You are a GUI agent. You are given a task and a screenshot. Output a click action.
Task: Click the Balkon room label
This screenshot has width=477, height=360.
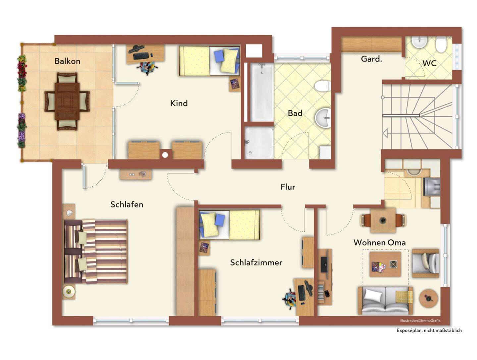(x=67, y=61)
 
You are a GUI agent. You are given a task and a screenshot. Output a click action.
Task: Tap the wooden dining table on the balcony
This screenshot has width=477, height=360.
(x=67, y=101)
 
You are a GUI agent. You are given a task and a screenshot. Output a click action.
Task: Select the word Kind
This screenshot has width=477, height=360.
(x=179, y=103)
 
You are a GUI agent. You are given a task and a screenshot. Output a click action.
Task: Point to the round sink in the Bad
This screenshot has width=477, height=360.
(x=323, y=118)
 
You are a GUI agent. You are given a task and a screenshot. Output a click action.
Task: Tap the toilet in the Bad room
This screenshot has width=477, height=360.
(x=323, y=86)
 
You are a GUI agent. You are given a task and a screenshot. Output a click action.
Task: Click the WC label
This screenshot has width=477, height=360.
(x=429, y=63)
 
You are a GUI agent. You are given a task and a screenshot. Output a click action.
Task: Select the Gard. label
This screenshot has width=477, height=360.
(x=371, y=59)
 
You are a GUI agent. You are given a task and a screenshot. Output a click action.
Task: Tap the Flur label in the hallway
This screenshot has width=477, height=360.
(x=288, y=187)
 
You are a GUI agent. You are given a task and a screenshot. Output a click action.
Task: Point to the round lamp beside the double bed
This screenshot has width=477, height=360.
(x=69, y=291)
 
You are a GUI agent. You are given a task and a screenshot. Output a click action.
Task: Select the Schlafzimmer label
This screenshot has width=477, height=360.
(x=256, y=263)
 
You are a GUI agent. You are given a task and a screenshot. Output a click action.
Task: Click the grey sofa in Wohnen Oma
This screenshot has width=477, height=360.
(x=385, y=301)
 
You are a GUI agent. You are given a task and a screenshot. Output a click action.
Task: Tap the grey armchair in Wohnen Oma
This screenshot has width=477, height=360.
(x=425, y=263)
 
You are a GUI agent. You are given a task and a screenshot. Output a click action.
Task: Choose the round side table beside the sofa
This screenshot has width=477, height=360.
(x=428, y=298)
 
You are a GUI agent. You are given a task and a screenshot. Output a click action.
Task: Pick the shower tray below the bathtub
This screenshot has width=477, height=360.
(x=259, y=143)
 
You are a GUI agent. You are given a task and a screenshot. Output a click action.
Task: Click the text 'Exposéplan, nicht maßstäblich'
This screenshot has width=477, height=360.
(x=429, y=330)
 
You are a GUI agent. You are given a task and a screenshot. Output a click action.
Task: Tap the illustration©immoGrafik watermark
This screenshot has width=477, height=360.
(x=420, y=321)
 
